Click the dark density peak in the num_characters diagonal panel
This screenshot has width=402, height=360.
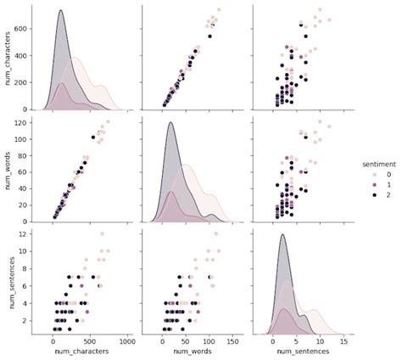[61, 11]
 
